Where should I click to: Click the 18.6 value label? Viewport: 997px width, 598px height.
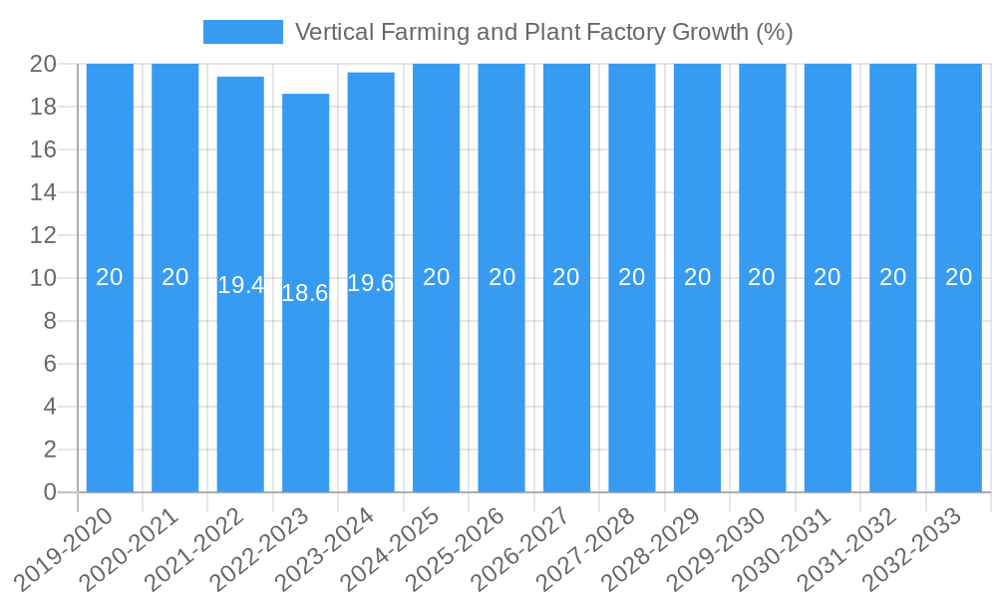(305, 293)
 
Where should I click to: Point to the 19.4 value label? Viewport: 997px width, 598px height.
(240, 285)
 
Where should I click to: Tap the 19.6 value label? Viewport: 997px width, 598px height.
(371, 283)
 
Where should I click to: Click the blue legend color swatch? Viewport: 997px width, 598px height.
(243, 32)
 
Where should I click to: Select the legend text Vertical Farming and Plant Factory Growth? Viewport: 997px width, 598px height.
(543, 32)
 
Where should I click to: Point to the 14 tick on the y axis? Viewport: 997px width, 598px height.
(44, 192)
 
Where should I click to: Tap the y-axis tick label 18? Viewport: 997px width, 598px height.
(44, 107)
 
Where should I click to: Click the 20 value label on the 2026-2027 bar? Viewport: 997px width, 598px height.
(566, 277)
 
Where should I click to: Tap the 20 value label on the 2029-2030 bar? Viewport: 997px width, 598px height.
(762, 277)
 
